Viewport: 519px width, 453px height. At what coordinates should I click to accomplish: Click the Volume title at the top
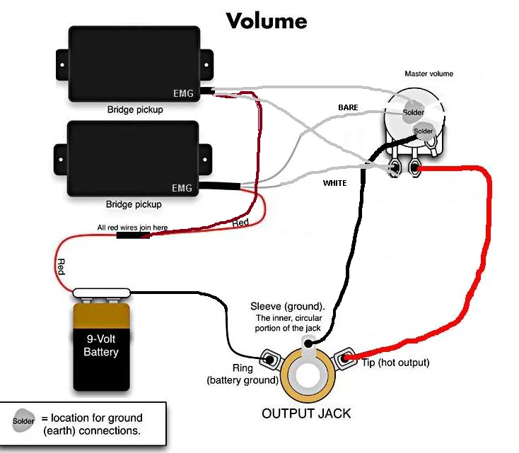coord(267,20)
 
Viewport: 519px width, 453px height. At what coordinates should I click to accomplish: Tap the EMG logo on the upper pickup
coord(182,93)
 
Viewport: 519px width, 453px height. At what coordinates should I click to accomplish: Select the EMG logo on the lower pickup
coord(182,189)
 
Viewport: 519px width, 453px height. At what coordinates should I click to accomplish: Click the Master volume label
coord(428,73)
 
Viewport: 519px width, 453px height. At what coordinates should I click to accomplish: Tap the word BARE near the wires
coord(348,107)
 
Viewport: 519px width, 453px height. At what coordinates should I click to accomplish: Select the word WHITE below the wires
coord(335,183)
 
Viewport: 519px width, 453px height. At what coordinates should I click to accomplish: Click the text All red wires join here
coord(133,228)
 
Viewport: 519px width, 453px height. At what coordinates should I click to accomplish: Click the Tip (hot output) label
coord(396,363)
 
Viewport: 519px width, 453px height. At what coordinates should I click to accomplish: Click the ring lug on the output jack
coord(269,358)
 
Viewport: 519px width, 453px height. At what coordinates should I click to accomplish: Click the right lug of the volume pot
coord(415,169)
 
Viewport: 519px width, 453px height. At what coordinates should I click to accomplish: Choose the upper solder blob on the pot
coord(413,112)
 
